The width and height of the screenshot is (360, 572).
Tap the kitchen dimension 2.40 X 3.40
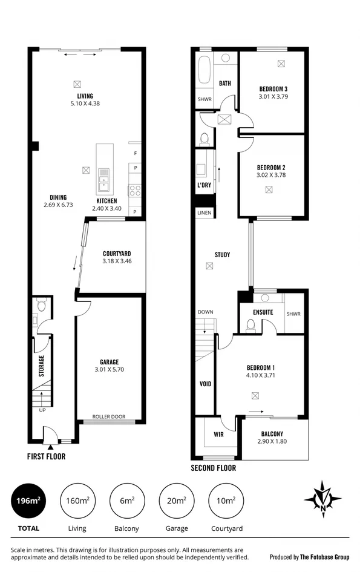107,209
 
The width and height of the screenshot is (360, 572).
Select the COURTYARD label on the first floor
117,254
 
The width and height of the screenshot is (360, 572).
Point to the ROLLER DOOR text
109,416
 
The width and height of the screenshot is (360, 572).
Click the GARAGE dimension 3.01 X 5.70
109,369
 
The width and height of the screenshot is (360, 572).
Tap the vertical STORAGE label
42,366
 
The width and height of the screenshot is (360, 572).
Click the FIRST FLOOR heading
46,456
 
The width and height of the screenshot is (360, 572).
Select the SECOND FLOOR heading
213,468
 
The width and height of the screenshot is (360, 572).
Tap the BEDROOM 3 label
273,88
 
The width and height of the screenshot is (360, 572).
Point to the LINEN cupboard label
204,213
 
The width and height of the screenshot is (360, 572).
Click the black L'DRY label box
204,185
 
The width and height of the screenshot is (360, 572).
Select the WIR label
218,434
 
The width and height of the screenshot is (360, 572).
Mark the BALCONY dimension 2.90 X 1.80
272,442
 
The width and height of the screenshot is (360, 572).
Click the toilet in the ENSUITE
250,324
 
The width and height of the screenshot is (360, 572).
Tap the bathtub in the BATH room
203,70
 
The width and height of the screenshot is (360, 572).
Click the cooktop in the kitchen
134,191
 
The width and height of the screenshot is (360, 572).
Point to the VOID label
205,384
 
